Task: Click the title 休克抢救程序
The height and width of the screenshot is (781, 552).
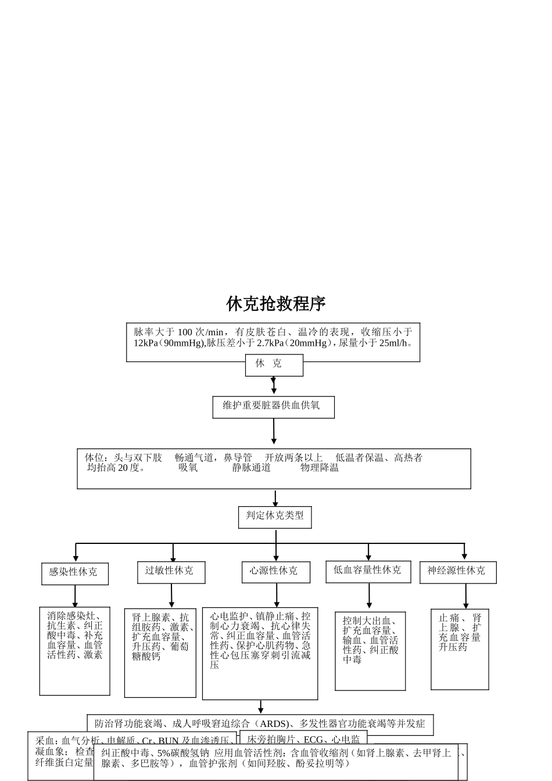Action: tap(276, 303)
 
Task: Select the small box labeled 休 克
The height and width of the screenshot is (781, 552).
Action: tap(274, 365)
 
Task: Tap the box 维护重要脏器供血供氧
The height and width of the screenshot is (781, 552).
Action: tap(273, 407)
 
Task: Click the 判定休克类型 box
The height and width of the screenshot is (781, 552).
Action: tap(275, 517)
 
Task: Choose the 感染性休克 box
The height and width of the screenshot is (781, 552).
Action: tap(75, 573)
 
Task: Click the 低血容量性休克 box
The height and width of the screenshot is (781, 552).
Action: tap(368, 571)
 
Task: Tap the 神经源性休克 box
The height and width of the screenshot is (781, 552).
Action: tap(458, 572)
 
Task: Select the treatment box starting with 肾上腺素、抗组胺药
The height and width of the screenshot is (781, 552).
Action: tap(160, 653)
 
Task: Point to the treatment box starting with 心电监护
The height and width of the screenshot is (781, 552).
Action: tap(260, 653)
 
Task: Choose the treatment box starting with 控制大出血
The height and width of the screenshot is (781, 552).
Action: tap(370, 651)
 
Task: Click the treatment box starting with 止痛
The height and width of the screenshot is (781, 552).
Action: tap(460, 649)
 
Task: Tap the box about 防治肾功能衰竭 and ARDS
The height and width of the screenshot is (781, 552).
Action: tap(260, 724)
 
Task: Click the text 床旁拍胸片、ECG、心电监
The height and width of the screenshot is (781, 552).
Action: tap(303, 740)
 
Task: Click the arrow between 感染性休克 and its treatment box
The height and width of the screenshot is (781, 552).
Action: tap(75, 596)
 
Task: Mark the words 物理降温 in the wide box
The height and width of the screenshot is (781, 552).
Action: tap(320, 468)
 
